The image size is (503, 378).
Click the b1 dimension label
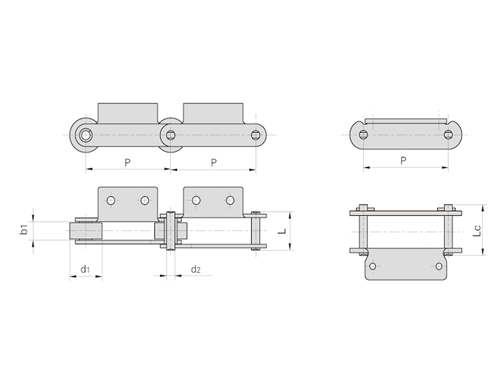point(24,230)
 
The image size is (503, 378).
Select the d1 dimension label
point(85,269)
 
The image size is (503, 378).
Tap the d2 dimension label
point(196,269)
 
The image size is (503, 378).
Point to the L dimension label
point(282,231)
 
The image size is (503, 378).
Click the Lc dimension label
point(477,231)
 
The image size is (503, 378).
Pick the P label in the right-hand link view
point(403,160)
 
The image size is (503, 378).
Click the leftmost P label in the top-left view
point(128,163)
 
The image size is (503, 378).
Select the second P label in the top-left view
point(214,163)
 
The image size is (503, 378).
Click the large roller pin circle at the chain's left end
point(86,135)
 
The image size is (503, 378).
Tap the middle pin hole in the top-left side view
point(170,135)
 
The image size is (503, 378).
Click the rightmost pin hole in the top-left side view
point(256,135)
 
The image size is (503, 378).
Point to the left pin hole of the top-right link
point(363,134)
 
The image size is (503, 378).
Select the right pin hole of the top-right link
point(448,134)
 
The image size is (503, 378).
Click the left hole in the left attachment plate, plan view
point(111,200)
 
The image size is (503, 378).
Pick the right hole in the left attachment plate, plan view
point(145,200)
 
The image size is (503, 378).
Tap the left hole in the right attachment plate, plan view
point(196,200)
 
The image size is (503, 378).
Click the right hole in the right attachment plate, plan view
point(230,200)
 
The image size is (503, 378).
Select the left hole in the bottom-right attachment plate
point(373,266)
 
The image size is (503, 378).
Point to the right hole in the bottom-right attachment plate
point(439,266)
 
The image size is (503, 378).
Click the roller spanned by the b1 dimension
point(86,231)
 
